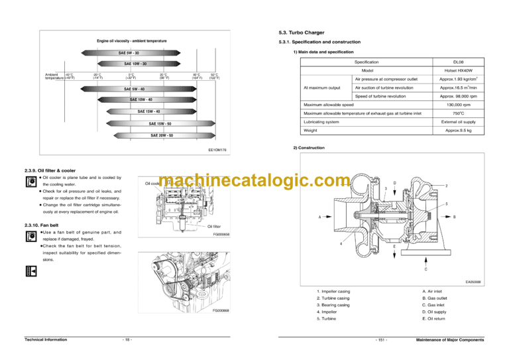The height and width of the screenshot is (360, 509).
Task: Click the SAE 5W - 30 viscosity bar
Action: (x=129, y=52)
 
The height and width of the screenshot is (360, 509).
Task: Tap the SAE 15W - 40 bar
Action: (x=148, y=111)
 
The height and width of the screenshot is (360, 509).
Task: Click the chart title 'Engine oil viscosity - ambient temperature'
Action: (x=131, y=41)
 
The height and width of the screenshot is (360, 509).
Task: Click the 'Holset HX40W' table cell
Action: (x=458, y=70)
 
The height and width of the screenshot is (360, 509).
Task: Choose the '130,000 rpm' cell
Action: (x=458, y=105)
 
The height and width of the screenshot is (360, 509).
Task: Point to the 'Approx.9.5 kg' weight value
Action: (x=458, y=131)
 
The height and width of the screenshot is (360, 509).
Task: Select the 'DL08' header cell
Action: (x=458, y=61)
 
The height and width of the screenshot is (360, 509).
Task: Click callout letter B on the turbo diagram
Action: (x=454, y=216)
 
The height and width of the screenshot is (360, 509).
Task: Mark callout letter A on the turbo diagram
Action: (x=319, y=217)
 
